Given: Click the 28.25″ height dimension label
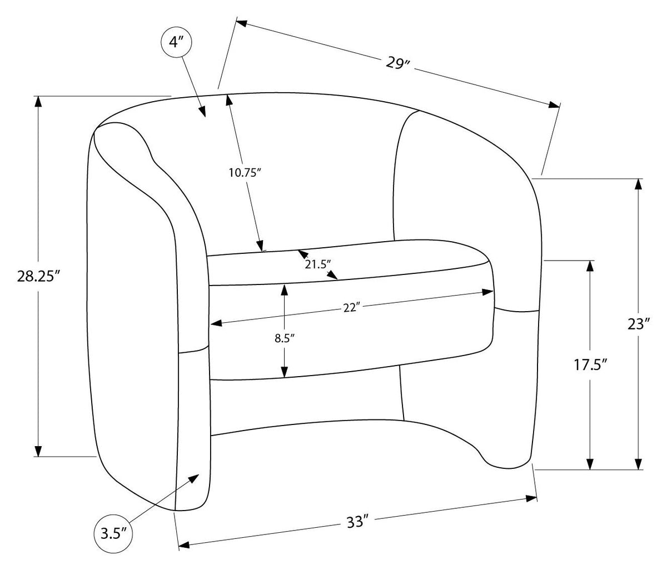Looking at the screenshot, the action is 39,277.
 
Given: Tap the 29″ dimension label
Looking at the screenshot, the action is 398,63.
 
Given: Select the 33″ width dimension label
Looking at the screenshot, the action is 357,522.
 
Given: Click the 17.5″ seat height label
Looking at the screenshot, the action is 590,365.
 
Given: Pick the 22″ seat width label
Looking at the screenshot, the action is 351,307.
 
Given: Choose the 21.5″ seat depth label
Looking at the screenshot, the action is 318,264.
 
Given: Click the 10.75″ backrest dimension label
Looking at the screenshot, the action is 245,173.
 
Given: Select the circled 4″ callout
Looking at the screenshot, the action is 176,42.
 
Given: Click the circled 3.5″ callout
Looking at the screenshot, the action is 113,533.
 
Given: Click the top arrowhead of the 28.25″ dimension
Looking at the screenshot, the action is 38,102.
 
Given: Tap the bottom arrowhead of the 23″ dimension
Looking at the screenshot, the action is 638,463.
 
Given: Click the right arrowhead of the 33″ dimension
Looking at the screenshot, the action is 531,498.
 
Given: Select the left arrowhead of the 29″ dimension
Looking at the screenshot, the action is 242,23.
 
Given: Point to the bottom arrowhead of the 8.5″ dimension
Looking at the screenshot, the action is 284,372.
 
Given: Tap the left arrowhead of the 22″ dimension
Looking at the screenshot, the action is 216,323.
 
